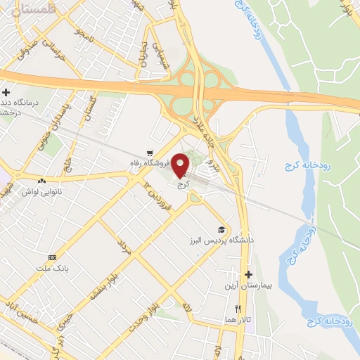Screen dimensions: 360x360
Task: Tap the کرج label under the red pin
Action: [x=185, y=185]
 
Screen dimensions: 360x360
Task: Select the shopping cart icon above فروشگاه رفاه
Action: [x=149, y=153]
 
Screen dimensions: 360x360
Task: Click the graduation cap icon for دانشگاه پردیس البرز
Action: [x=222, y=230]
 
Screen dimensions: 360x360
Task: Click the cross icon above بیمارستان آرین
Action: [x=247, y=274]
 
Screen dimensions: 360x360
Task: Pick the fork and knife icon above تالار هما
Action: [x=238, y=309]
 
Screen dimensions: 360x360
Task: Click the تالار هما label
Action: [x=238, y=320]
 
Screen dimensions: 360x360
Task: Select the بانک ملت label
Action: [x=53, y=269]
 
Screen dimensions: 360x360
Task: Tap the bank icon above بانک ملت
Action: [x=52, y=257]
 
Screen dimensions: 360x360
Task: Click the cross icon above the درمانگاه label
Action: [x=6, y=92]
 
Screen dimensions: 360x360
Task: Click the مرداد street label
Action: [x=124, y=247]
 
